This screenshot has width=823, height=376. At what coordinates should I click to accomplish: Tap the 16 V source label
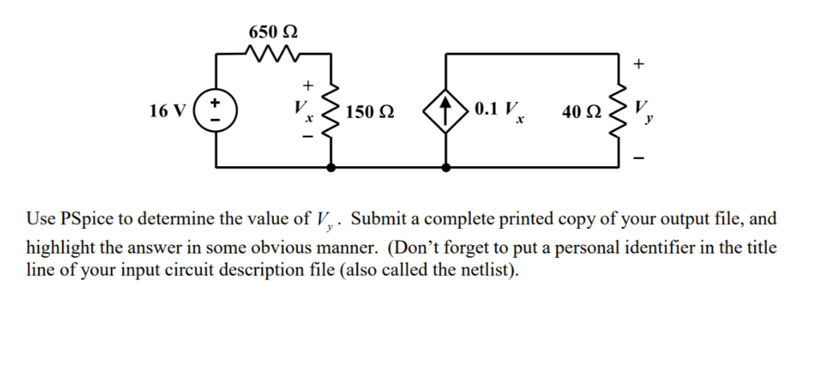click(x=166, y=110)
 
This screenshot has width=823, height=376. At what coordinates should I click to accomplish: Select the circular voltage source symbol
click(x=215, y=110)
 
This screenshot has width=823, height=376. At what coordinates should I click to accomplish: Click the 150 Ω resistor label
click(x=370, y=111)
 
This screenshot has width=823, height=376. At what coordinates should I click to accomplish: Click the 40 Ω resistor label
click(x=582, y=111)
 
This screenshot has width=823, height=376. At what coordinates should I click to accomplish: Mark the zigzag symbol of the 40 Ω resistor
click(x=620, y=110)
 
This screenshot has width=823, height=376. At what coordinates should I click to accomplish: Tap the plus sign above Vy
click(x=639, y=63)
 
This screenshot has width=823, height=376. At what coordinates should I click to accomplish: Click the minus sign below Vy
click(x=639, y=158)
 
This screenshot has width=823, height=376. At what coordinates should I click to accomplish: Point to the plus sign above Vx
click(x=306, y=84)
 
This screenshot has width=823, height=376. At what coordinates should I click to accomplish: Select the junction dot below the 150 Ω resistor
click(x=331, y=167)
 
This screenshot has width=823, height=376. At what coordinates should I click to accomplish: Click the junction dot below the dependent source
click(x=447, y=167)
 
